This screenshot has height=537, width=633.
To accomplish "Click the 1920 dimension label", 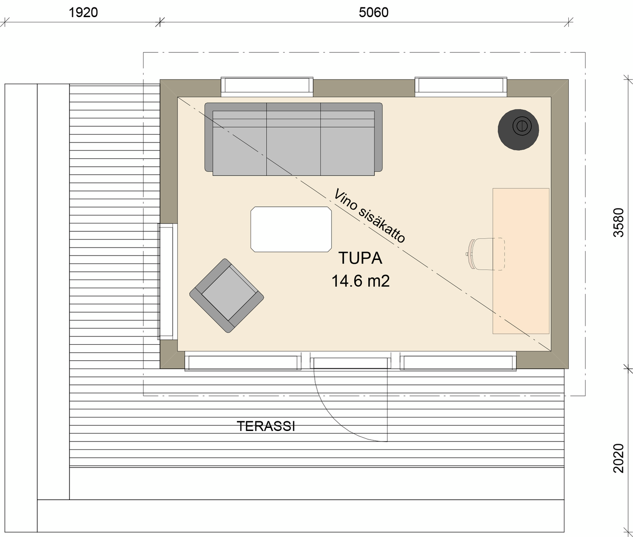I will (x=83, y=12).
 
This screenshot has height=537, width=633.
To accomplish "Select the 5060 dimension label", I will (x=373, y=12).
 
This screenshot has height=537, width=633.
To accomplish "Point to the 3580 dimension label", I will (x=618, y=223).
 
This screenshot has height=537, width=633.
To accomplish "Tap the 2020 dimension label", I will (x=618, y=458).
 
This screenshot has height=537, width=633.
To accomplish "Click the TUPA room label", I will (x=360, y=258).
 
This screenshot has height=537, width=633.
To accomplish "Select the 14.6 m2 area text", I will (x=360, y=281).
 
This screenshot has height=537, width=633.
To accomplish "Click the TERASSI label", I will (x=266, y=426).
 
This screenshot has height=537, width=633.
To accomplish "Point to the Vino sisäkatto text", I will (x=369, y=216).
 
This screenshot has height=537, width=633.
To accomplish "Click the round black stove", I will (x=518, y=129).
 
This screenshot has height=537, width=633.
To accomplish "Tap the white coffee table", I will (x=291, y=229).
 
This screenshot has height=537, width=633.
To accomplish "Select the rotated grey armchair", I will (x=226, y=296).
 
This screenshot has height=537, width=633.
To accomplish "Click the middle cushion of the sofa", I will (x=293, y=145).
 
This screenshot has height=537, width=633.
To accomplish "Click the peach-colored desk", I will (x=521, y=261).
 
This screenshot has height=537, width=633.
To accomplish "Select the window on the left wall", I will (x=167, y=281).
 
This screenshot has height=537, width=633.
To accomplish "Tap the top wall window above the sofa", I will (x=267, y=87).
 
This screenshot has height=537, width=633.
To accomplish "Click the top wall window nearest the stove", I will (x=461, y=87).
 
